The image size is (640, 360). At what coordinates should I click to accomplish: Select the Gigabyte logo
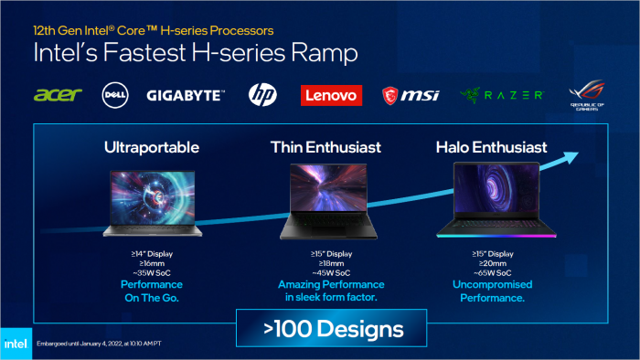click(186, 95)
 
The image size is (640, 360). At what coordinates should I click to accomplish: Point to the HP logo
click(262, 95)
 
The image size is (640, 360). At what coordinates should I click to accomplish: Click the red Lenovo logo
click(331, 95)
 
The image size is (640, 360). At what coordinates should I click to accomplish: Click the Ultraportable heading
click(153, 147)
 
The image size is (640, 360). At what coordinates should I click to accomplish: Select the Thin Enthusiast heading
click(325, 147)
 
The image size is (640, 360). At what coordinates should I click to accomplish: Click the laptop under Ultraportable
click(153, 200)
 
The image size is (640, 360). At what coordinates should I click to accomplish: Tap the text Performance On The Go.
click(153, 291)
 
